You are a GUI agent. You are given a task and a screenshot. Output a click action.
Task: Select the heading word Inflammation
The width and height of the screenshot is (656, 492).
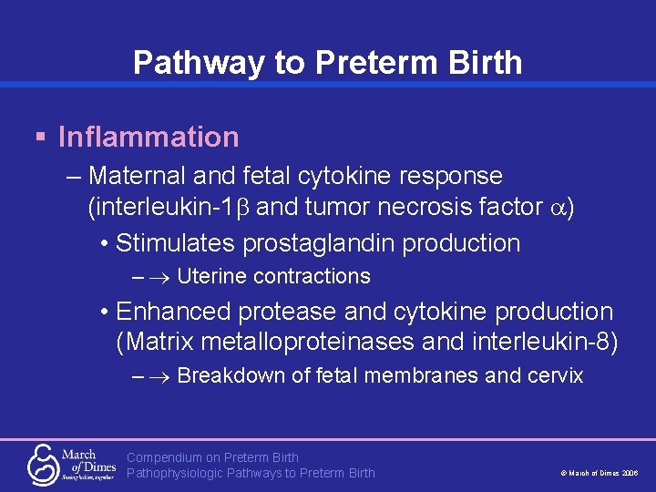tap(149, 138)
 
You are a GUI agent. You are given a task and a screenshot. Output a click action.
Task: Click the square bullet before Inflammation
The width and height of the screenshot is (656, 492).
tap(40, 138)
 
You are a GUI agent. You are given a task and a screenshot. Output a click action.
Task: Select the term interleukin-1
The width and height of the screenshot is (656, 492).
tap(162, 207)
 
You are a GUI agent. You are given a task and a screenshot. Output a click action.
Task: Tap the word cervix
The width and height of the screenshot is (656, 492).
tap(556, 375)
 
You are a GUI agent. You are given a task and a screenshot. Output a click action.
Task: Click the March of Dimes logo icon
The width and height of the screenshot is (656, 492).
tap(42, 463)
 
